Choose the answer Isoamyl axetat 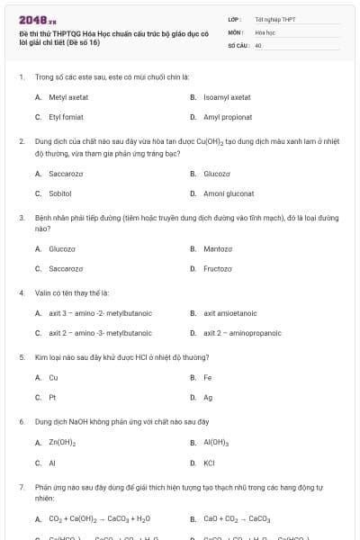click(227, 96)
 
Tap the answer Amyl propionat click(229, 117)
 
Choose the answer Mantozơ click(218, 248)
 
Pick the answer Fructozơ click(218, 269)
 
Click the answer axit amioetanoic click(230, 313)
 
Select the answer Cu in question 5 click(53, 377)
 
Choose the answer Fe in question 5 click(208, 377)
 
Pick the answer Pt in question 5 click(52, 398)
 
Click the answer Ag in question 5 click(208, 398)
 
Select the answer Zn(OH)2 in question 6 click(61, 443)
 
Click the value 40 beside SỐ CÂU click(258, 44)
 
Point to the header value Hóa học click(265, 31)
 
